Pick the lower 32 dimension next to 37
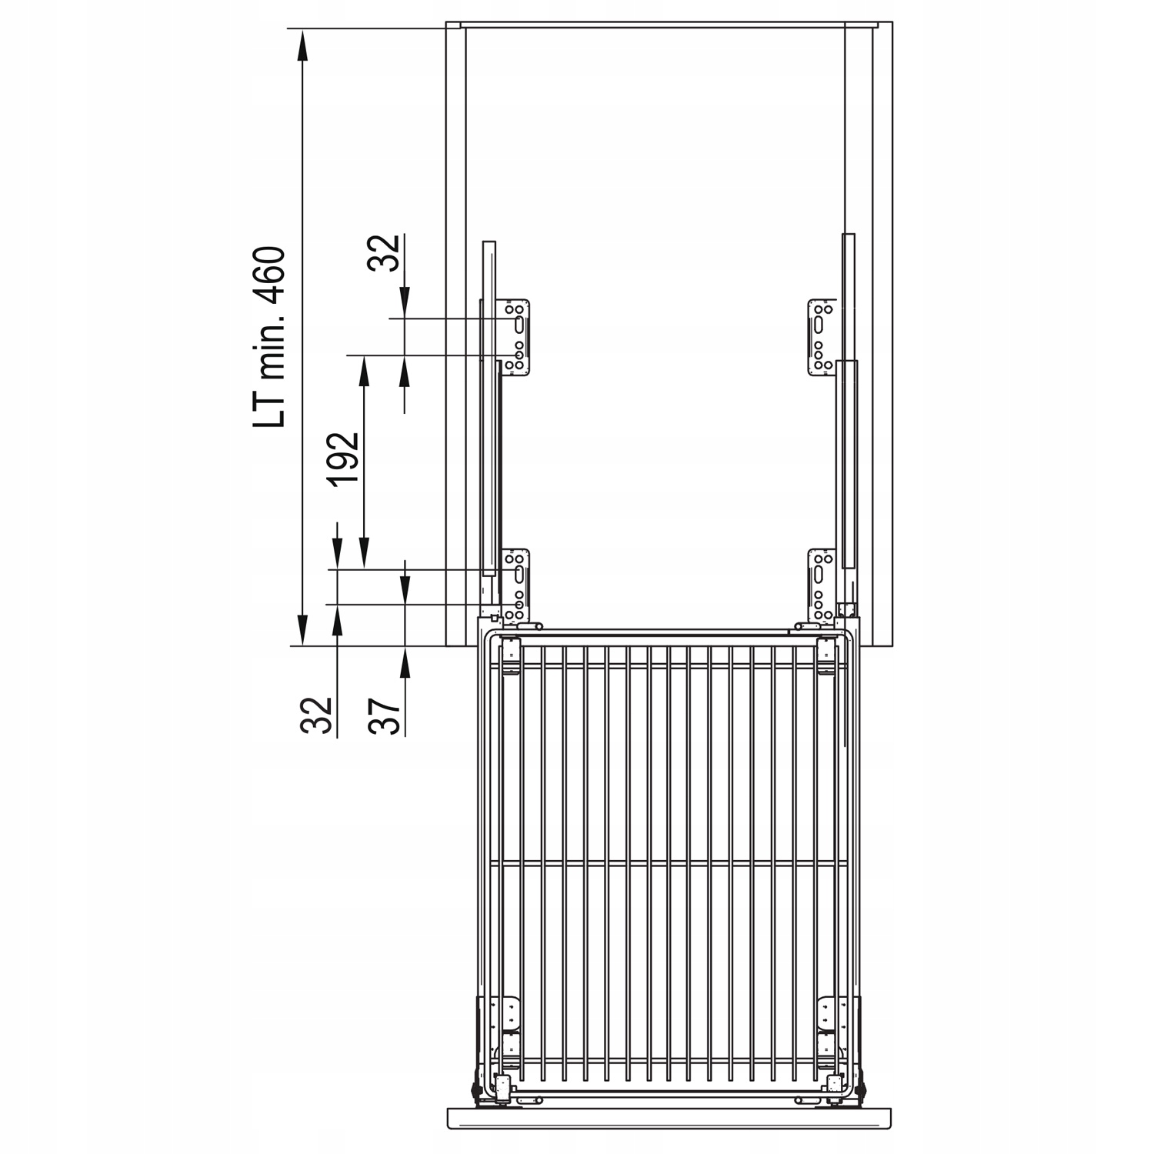317,715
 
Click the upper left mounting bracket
516,338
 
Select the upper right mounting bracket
821,338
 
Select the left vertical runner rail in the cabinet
489,408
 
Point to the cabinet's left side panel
455,331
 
